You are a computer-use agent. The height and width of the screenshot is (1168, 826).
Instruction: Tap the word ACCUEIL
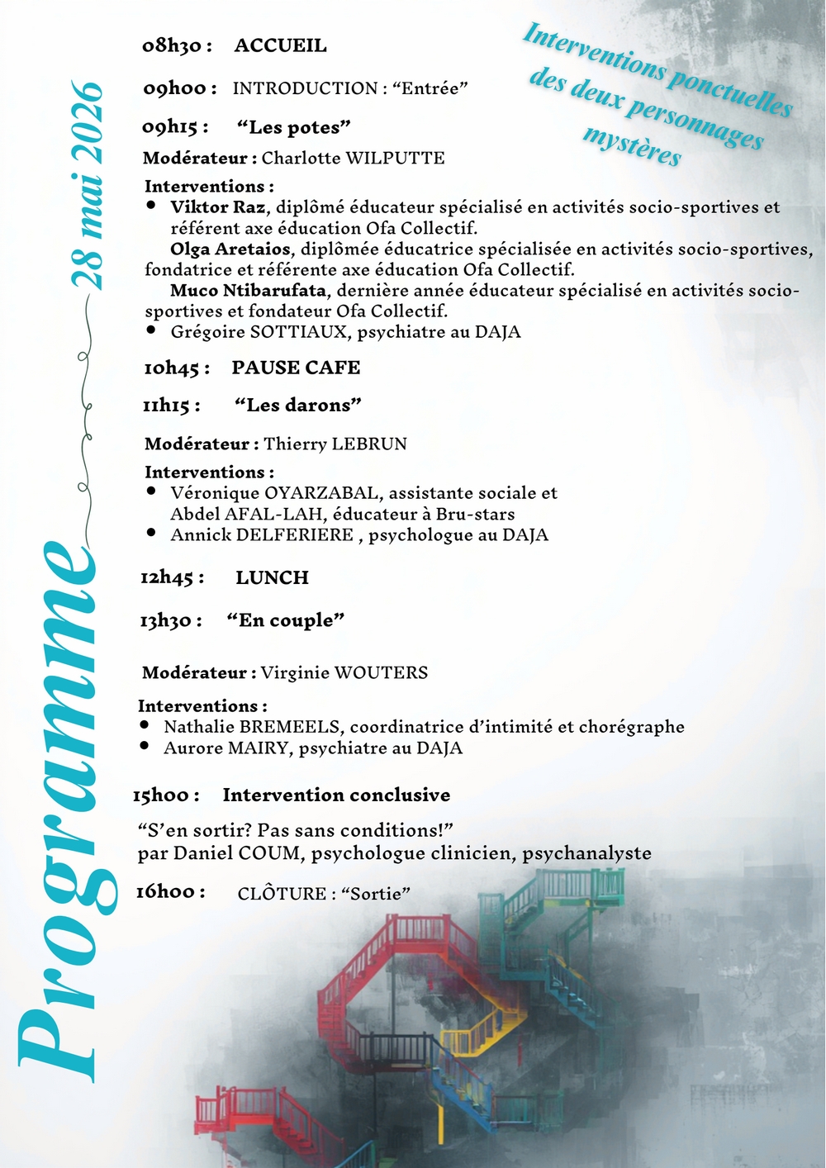click(x=280, y=45)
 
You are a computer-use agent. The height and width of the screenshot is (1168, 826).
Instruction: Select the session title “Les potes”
click(x=293, y=127)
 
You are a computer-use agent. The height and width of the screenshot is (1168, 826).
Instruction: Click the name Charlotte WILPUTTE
click(x=353, y=158)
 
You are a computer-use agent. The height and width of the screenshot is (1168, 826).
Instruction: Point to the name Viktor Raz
click(x=218, y=207)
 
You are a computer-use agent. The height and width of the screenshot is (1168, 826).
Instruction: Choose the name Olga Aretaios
click(x=230, y=249)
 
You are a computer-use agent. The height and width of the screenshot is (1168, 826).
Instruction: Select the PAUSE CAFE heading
click(x=296, y=368)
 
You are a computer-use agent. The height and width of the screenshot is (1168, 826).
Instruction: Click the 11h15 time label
click(x=171, y=406)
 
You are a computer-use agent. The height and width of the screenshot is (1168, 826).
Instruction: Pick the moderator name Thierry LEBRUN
click(x=335, y=444)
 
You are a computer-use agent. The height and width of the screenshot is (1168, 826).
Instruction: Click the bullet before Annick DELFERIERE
click(x=151, y=533)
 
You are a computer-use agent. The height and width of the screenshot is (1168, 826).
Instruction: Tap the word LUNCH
click(x=272, y=577)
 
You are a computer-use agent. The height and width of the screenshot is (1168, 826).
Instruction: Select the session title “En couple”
click(x=285, y=620)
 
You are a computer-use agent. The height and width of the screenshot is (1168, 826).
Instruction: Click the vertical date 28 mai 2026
click(x=87, y=186)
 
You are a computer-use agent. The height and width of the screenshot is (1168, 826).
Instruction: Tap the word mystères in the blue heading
click(x=632, y=145)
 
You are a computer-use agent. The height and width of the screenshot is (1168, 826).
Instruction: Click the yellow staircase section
click(x=483, y=1028)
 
